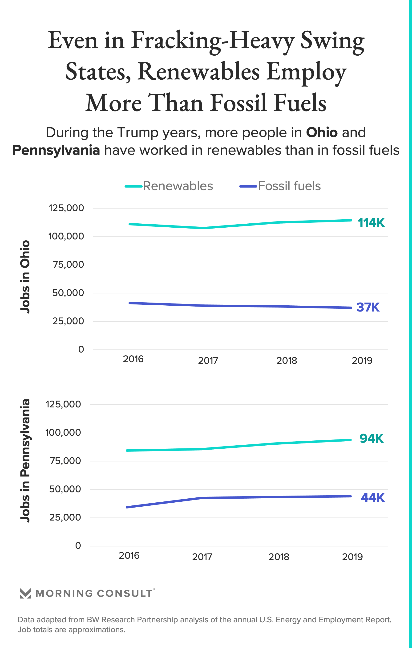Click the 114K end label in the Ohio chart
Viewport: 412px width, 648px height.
tap(371, 223)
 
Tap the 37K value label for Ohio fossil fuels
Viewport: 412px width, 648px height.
tap(368, 307)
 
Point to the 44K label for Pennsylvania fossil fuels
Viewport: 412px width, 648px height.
tap(372, 498)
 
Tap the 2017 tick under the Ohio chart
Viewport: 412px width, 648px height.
tap(208, 361)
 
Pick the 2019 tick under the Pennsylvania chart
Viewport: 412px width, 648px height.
tap(352, 557)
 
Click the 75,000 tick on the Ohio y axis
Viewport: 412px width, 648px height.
tap(68, 265)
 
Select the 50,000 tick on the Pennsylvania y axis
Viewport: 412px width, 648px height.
tap(65, 489)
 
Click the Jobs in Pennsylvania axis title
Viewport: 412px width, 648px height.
tap(25, 460)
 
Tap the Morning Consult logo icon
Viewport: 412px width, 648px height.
tap(26, 593)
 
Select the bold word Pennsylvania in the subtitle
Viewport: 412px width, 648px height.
tap(56, 150)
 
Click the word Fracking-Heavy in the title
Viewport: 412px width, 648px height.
tap(212, 41)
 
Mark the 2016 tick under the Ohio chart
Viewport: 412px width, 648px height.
tap(133, 359)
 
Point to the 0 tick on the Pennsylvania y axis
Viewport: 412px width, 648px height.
tap(78, 545)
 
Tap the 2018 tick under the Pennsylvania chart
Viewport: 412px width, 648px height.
tap(279, 557)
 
